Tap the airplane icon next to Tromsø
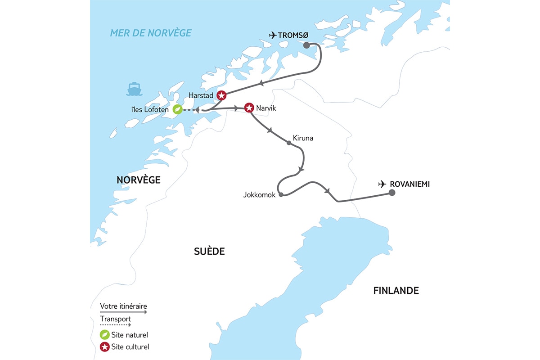point(272,35)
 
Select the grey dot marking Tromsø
point(306,45)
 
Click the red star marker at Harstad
point(221,95)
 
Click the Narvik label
point(267,108)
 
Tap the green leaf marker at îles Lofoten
point(178,109)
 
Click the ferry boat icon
point(134,89)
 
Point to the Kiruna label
point(302,138)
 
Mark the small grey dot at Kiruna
point(289,143)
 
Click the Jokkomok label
point(259,195)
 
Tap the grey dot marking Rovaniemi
point(392,193)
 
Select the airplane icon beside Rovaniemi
point(382,184)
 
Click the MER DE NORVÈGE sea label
point(151,33)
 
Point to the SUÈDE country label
point(209,252)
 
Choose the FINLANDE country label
point(396,291)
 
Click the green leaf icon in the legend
point(104,335)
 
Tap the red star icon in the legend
point(104,347)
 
